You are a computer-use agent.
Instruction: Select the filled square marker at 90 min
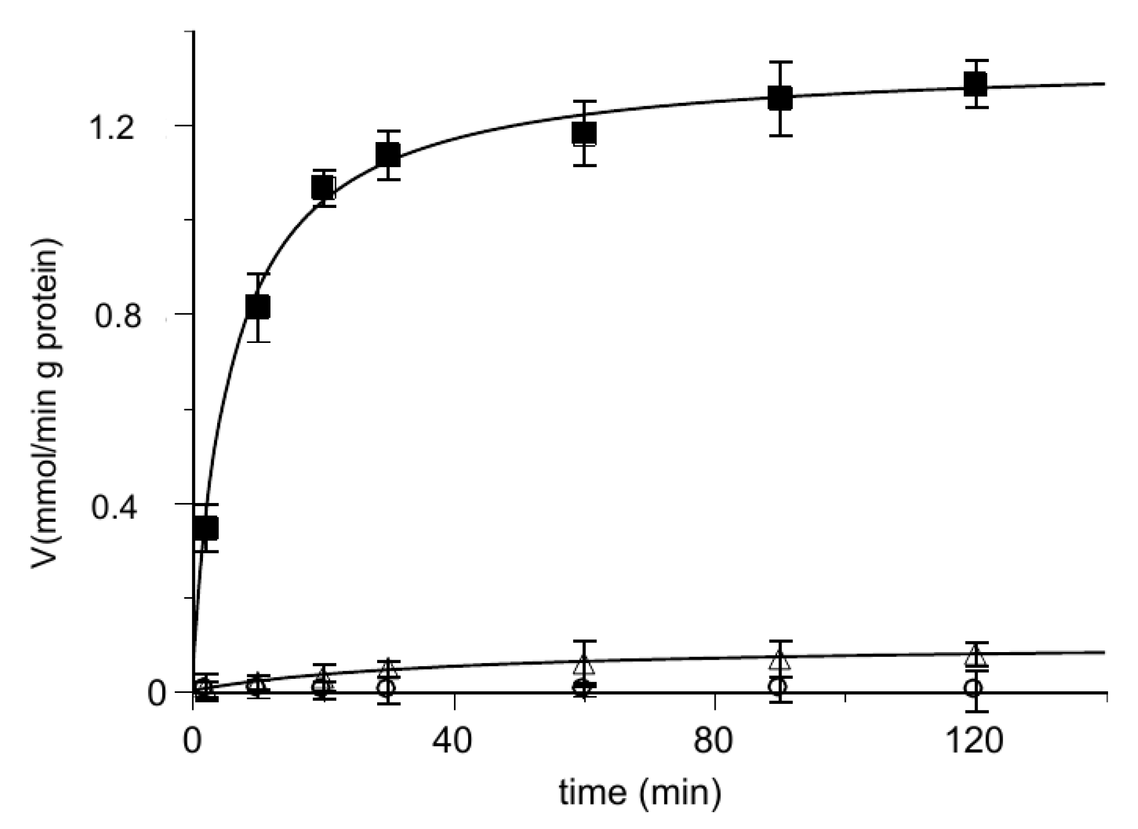780,99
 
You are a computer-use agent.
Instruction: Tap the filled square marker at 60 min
584,133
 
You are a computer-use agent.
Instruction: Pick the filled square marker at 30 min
388,155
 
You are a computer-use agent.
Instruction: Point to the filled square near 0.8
257,307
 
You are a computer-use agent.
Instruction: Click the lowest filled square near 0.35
206,527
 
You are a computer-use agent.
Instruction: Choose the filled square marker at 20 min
323,188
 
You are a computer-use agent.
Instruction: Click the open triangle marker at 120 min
975,656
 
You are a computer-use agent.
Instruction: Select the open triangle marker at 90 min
780,660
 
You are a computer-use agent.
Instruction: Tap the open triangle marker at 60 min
584,665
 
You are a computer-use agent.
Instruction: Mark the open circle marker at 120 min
974,687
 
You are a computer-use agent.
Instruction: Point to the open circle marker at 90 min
779,686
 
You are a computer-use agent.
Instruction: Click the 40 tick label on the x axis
453,741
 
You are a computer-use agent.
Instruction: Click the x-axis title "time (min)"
640,793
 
